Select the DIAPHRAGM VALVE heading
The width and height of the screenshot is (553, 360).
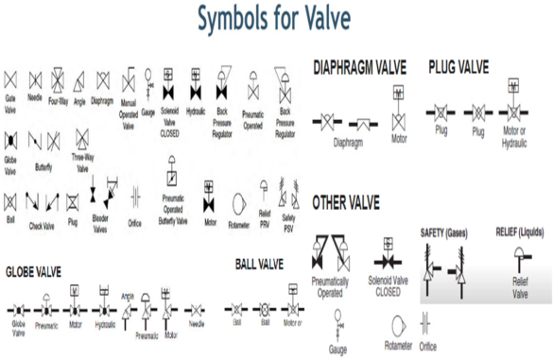359,68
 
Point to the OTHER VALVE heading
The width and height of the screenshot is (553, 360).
345,201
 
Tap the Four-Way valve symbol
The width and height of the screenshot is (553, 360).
58,77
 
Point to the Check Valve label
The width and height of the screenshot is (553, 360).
42,226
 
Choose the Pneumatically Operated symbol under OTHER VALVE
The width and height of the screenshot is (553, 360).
327,254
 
